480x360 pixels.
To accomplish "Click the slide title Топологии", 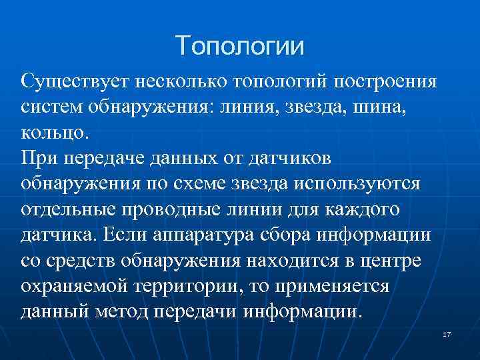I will click(x=240, y=46).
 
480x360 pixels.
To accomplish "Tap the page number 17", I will click(x=447, y=333).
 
